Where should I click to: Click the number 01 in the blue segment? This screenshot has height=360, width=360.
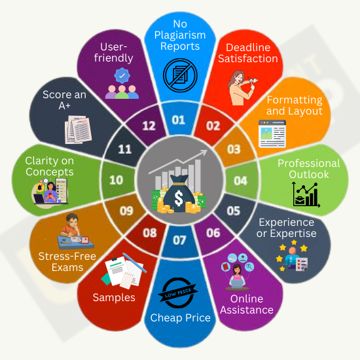pos(179,120)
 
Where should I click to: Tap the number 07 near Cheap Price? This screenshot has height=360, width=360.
pos(179,240)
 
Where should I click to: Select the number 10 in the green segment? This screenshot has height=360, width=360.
pos(116,180)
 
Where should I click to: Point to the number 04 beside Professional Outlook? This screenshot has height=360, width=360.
pos(240,181)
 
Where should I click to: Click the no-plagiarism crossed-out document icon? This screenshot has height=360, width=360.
pos(180,75)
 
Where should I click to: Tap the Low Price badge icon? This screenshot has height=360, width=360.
pos(178,293)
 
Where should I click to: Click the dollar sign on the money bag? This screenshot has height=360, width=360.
pos(179,198)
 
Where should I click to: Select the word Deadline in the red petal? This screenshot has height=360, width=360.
pos(248,48)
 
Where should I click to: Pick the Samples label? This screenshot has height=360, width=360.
pos(114,298)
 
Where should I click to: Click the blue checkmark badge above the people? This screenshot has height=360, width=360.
pos(122,75)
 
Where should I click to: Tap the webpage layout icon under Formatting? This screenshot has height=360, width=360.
pos(272,134)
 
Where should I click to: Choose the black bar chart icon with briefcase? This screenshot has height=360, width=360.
pos(306,194)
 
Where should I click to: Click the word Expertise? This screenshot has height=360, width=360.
pos(293,234)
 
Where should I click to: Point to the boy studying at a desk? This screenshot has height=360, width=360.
pos(74,232)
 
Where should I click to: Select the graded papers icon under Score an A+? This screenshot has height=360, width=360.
pos(78,130)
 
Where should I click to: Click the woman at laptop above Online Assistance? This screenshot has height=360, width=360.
pos(237,273)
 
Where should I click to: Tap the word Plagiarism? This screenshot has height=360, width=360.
pos(180,35)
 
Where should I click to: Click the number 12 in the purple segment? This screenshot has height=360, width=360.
pos(149,126)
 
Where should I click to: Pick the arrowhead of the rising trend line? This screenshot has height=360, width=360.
pos(204,153)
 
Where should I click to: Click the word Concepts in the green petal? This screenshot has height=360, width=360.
pos(50,171)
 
